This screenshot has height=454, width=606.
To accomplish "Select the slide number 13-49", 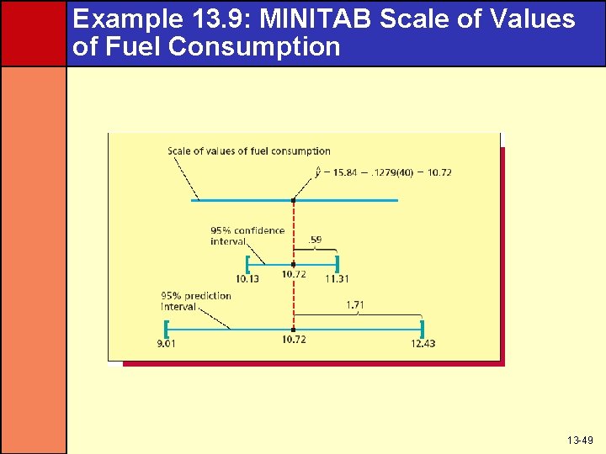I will pos(580,441).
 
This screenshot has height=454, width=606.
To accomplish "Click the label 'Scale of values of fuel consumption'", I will pos(249,151).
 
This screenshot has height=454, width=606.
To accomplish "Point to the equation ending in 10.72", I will pos(385,172).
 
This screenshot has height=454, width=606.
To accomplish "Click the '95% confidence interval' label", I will pos(247,235).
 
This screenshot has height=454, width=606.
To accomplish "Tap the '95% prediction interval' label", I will pos(196,301).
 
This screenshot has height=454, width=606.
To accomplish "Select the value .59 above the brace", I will pos(315,240).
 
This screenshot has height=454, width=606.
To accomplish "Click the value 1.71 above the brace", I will pos(355,305).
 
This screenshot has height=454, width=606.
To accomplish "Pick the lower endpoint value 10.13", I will pos(247,278).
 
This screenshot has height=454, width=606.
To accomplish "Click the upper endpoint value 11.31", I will pos(337,278).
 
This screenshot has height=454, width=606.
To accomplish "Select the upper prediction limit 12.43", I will pos(423,343).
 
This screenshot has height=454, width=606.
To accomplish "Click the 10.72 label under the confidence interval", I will pos(294,274).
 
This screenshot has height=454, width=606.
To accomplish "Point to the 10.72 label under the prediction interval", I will pos(294,340).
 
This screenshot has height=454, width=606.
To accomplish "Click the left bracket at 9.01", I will pos(169,328).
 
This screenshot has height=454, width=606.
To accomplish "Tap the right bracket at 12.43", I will pos(421,328).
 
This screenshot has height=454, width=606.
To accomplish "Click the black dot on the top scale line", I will pos(293,200).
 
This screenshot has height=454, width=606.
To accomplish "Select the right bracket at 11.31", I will pos(336,263).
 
